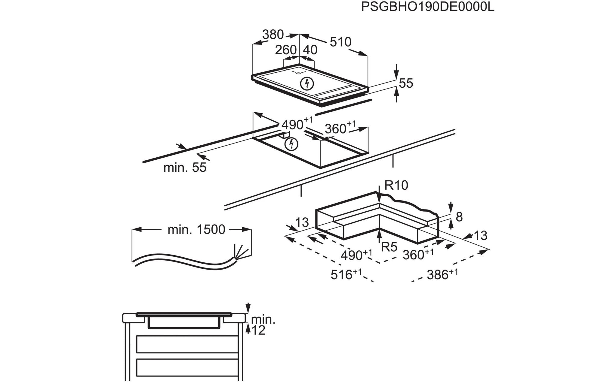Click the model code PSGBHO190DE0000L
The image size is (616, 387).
point(427,7)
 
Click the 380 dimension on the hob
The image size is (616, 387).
point(273,35)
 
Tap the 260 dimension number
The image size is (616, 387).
point(286,50)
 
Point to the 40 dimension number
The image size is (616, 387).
point(310,50)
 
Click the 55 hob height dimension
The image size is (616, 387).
point(406,83)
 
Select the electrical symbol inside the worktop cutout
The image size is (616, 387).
point(291,144)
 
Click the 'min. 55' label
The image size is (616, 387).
point(185,168)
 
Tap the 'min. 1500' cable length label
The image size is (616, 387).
point(196,230)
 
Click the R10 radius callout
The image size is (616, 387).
point(396,186)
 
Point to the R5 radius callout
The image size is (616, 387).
point(389,247)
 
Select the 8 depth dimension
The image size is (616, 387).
point(459,217)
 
